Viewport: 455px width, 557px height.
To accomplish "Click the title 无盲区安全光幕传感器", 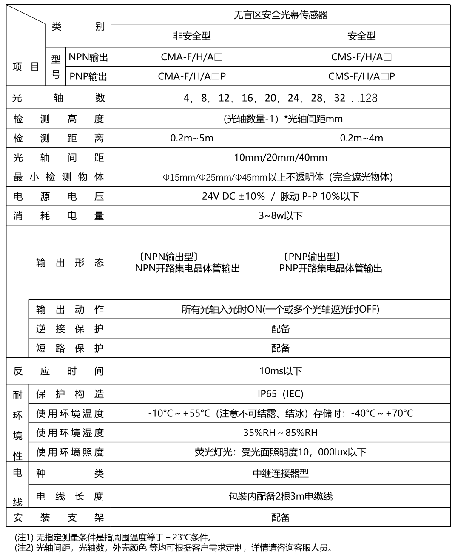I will (x=280, y=15).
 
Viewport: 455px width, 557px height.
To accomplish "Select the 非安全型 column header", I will (x=192, y=36).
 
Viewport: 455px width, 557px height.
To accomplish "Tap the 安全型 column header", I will (x=361, y=36).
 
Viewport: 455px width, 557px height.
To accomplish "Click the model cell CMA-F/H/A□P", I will (x=192, y=76).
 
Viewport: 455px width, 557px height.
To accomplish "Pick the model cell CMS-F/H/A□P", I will (x=361, y=76).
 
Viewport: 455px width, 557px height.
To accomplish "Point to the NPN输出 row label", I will (x=88, y=57).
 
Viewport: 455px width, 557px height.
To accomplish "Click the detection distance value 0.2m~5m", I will (x=192, y=138).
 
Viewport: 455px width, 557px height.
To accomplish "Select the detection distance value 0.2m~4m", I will (x=361, y=138).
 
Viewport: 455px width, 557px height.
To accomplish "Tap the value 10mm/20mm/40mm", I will (x=280, y=158).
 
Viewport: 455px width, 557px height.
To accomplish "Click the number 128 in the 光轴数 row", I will (x=369, y=98).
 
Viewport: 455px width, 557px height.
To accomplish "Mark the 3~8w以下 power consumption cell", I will (x=280, y=216).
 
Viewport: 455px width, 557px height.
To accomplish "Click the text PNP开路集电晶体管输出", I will (x=331, y=269).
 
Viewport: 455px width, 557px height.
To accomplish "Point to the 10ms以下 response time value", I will (x=280, y=371).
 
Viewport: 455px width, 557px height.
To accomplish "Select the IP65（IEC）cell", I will (x=280, y=394).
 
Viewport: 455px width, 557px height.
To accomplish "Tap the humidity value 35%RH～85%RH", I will (x=280, y=433).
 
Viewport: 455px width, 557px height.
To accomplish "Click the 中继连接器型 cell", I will (x=280, y=473).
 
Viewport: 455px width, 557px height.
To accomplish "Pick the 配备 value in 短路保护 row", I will (x=280, y=348).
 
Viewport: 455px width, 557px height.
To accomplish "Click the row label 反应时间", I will (x=58, y=371).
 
